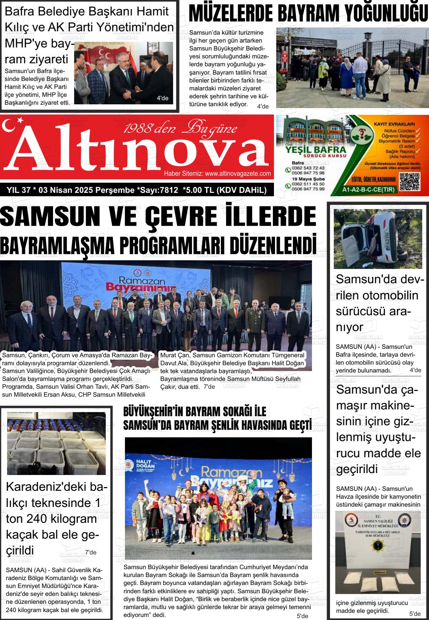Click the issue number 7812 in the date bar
click(x=169, y=190)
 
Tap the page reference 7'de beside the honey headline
click(x=90, y=552)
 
